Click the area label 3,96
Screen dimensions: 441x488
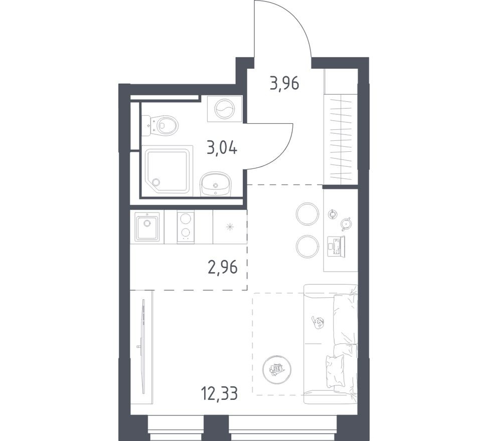point(284,83)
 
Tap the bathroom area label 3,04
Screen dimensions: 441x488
point(222,148)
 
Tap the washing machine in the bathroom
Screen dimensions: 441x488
point(224,108)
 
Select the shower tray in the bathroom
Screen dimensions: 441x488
point(168,170)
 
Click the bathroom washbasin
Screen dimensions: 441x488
point(216,184)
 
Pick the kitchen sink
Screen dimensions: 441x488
point(146,227)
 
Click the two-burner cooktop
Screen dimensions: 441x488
point(185,227)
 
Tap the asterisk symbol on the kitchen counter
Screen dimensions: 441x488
point(229,227)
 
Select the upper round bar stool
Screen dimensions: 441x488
point(307,214)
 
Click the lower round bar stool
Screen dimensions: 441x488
point(307,247)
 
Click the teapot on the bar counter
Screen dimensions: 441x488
point(345,224)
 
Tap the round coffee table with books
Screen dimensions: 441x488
point(275,369)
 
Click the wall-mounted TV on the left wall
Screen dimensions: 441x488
point(143,346)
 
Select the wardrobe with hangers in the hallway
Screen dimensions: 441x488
point(341,138)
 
